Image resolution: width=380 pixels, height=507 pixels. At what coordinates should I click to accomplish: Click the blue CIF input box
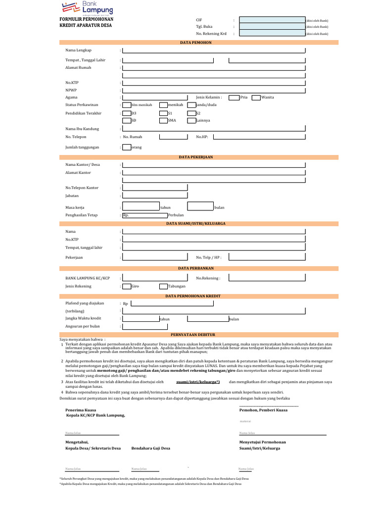[272, 20]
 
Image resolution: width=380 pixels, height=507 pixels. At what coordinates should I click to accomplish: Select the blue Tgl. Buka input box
[272, 27]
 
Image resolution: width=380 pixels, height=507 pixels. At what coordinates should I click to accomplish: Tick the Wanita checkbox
[256, 98]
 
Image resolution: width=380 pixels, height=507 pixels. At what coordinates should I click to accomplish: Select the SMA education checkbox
[163, 120]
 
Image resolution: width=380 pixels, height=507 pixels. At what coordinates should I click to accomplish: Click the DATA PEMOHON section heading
[195, 43]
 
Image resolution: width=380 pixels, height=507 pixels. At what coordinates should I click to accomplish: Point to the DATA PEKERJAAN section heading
[195, 157]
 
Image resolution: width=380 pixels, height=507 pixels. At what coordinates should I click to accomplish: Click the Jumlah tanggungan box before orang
[127, 147]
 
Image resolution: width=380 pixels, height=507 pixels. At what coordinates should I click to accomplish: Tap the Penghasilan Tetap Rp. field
[144, 215]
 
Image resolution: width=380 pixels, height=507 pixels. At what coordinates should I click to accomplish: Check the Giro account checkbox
[127, 286]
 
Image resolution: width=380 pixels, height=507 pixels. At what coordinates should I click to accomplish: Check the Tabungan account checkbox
[163, 286]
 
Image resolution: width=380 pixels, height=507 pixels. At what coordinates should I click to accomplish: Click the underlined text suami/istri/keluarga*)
[198, 382]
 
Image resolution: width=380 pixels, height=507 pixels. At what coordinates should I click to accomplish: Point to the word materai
[245, 421]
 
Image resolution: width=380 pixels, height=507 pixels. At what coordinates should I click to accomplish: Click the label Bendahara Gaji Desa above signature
[150, 448]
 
